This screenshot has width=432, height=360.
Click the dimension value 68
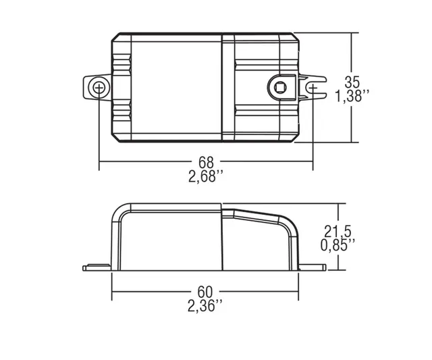point(206,163)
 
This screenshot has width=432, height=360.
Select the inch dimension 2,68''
point(206,178)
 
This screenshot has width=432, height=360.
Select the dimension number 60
point(205,292)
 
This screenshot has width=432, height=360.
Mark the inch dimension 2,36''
point(205,307)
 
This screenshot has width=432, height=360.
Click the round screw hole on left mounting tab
point(99,87)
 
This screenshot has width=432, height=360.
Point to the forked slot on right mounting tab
point(314,87)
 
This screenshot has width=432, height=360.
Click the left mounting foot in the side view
point(97,268)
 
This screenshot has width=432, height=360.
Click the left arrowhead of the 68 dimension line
point(103,163)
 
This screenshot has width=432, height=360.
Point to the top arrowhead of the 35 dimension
point(352,34)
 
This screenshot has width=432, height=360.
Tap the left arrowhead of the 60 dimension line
point(115,292)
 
